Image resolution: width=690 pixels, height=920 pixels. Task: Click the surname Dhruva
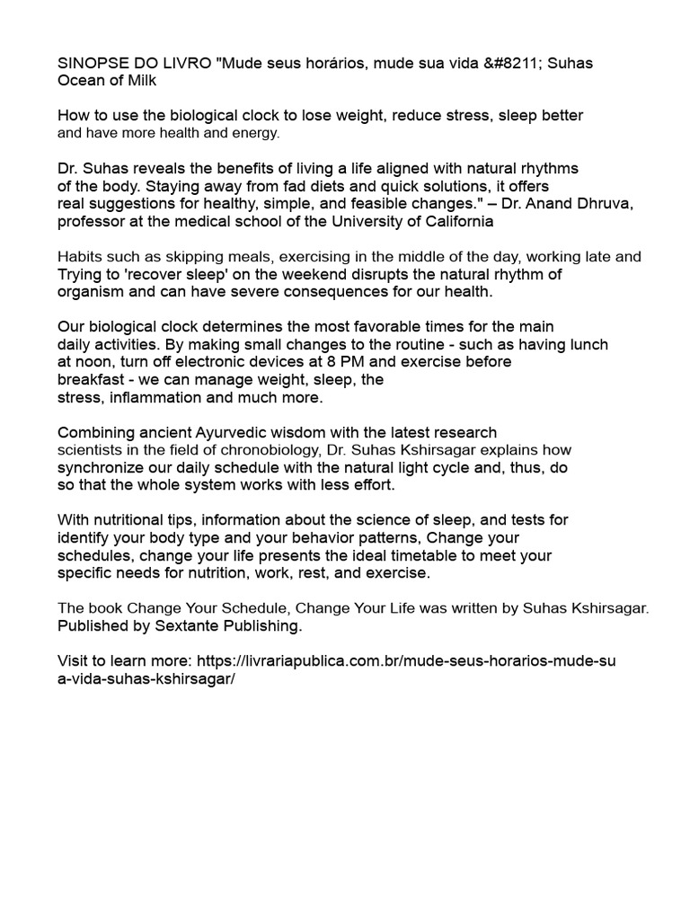click(604, 204)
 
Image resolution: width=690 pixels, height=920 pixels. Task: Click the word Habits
click(81, 257)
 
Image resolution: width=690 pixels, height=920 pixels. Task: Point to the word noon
click(93, 361)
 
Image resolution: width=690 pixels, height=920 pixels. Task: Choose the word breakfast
click(90, 379)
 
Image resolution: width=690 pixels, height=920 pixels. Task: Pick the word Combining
click(93, 432)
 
